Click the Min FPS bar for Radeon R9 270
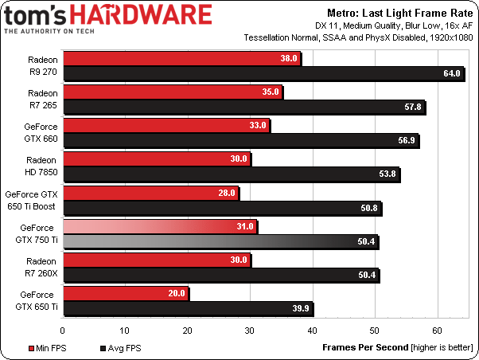click(181, 59)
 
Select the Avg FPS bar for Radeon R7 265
click(243, 106)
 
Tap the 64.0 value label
click(453, 74)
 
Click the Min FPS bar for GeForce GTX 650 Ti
click(125, 293)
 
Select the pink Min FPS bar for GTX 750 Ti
click(159, 226)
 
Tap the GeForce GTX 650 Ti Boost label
click(32, 199)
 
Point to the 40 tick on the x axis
click(312, 328)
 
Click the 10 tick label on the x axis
click(125, 328)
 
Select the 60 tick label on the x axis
click(437, 328)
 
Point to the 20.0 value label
click(177, 293)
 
